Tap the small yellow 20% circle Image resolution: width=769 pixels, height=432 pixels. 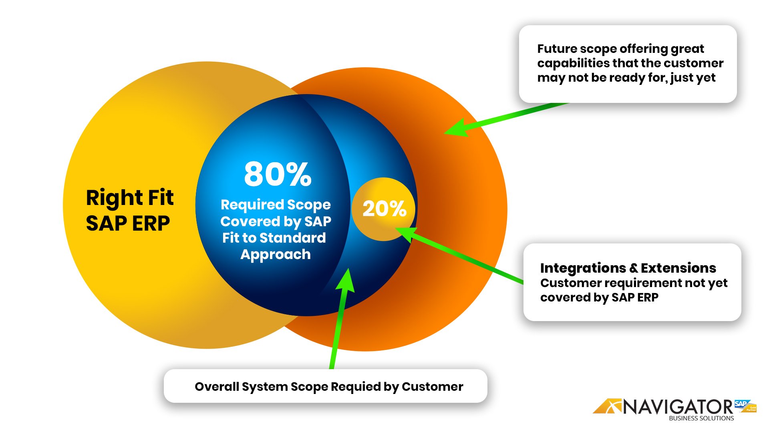pyautogui.click(x=384, y=209)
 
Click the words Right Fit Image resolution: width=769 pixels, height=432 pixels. pyautogui.click(x=130, y=198)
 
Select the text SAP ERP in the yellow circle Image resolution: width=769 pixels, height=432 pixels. pyautogui.click(x=128, y=223)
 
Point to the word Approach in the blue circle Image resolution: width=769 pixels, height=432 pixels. pyautogui.click(x=276, y=254)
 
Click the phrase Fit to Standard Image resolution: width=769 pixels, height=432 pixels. pyautogui.click(x=274, y=238)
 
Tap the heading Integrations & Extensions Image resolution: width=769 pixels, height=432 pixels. pyautogui.click(x=628, y=267)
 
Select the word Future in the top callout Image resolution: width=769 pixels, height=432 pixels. pyautogui.click(x=557, y=48)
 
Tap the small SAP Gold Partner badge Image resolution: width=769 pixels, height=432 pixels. pyautogui.click(x=745, y=406)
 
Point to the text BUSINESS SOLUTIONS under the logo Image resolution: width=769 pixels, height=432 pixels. pyautogui.click(x=701, y=418)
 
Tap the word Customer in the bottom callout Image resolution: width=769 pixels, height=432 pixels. pyautogui.click(x=432, y=387)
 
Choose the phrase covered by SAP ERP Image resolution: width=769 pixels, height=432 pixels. pyautogui.click(x=599, y=297)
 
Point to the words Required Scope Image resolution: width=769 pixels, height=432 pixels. pyautogui.click(x=276, y=205)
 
